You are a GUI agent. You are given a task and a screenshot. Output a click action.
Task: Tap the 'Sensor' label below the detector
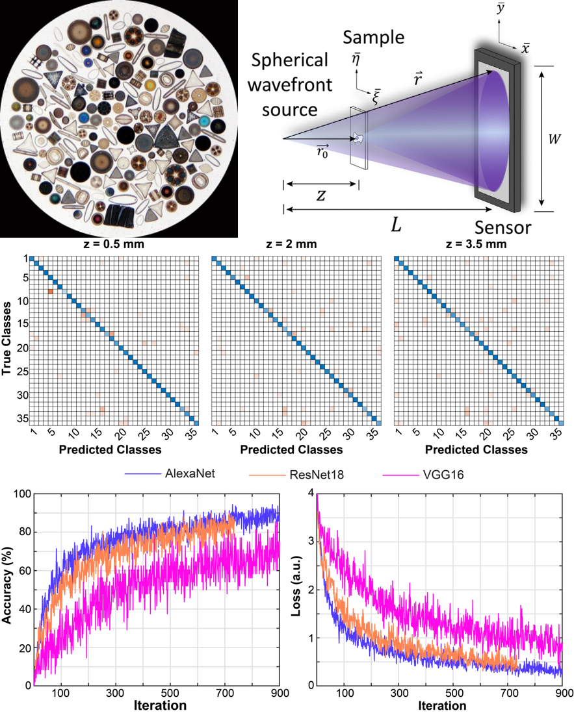pyautogui.click(x=502, y=228)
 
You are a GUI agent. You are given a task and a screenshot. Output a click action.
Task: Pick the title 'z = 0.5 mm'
pyautogui.click(x=114, y=244)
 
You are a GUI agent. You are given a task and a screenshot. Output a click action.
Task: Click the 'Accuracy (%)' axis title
pyautogui.click(x=7, y=588)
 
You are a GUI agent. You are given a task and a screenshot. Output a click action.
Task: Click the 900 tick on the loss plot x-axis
pyautogui.click(x=563, y=694)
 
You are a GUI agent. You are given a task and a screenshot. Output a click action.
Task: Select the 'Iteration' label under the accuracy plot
pyautogui.click(x=156, y=705)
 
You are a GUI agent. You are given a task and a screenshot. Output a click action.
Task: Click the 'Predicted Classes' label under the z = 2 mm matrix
pyautogui.click(x=294, y=449)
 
